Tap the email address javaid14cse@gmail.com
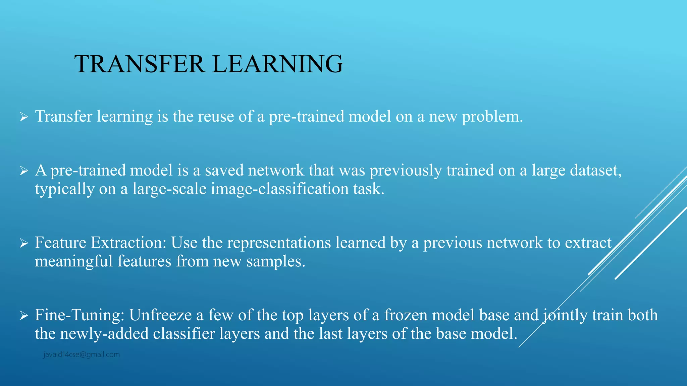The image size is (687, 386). pyautogui.click(x=82, y=355)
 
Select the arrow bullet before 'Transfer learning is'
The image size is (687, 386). pyautogui.click(x=23, y=117)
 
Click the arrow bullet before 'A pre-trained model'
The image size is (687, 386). pyautogui.click(x=23, y=171)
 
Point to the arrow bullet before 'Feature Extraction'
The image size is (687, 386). pyautogui.click(x=23, y=244)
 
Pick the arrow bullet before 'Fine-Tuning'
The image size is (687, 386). pyautogui.click(x=23, y=316)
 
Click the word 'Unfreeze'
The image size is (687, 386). pyautogui.click(x=160, y=315)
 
